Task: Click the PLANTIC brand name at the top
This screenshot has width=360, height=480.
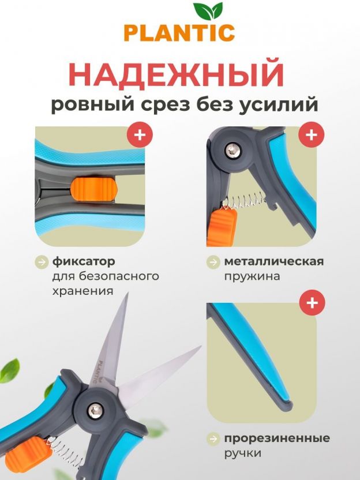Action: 179,33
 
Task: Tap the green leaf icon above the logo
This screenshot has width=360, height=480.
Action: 208,12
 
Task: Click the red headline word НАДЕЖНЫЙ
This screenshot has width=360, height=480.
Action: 177,74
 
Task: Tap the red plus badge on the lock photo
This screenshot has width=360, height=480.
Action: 140,134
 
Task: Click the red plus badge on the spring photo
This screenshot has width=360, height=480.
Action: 312,134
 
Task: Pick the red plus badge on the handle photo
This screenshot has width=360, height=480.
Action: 312,303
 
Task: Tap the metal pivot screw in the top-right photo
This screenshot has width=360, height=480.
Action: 233,150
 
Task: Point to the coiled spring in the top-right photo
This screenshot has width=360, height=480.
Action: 243,201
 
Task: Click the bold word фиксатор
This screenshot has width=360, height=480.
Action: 84,261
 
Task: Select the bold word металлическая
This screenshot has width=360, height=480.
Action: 274,261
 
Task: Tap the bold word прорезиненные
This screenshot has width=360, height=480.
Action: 277,438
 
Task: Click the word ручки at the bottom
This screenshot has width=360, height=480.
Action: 243,453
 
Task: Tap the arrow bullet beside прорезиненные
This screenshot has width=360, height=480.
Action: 213,438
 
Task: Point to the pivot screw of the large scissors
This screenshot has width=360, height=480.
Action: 95,411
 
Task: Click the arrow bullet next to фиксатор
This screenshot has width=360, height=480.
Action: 42,262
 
